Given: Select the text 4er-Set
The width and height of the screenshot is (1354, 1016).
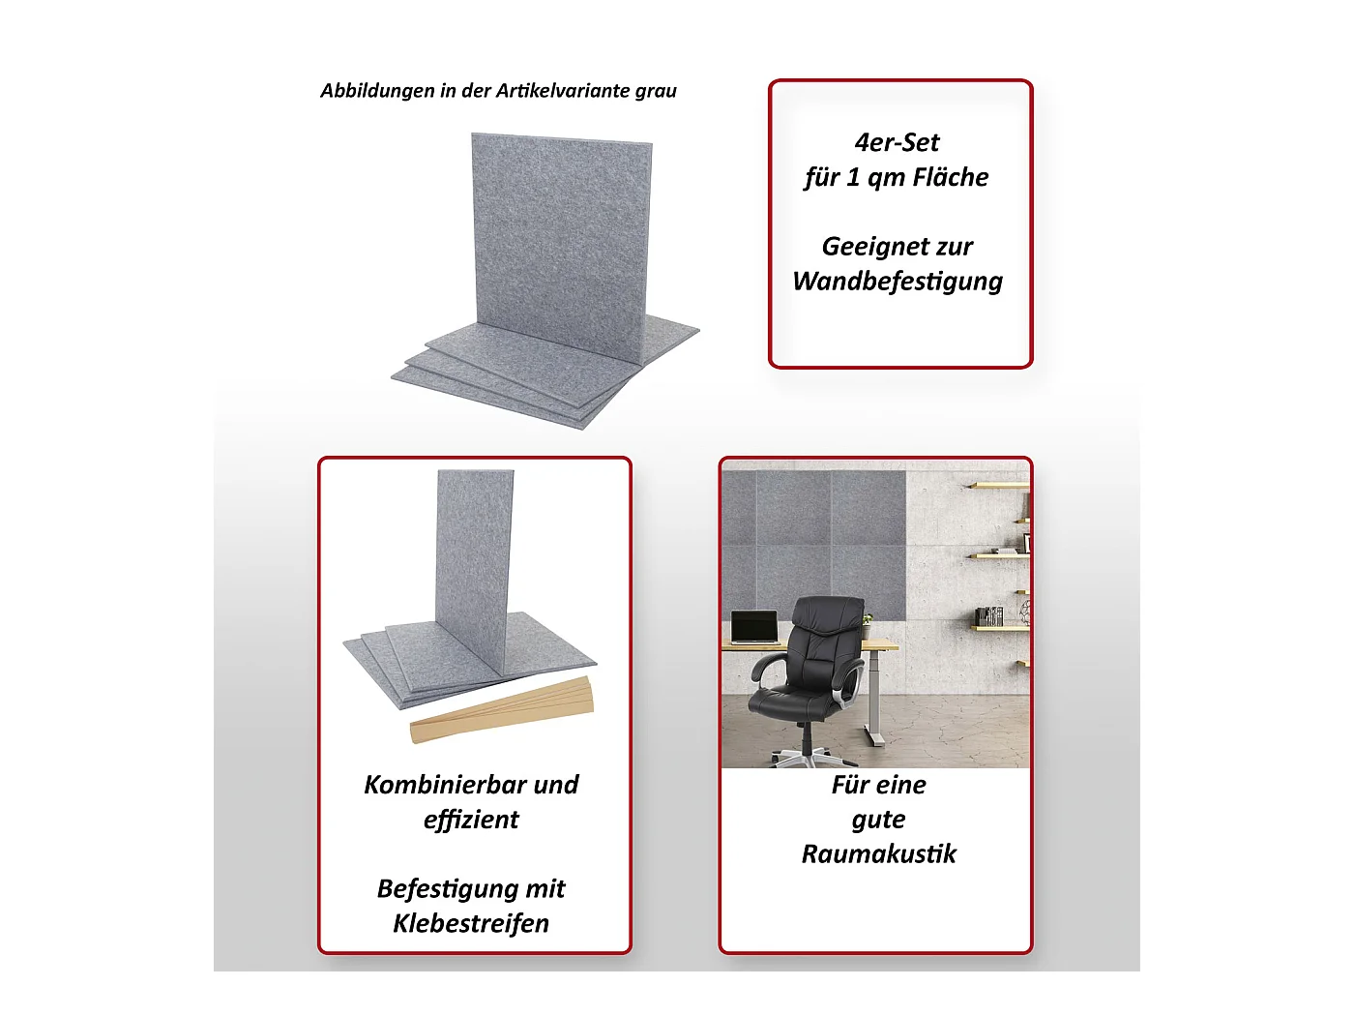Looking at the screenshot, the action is point(897,142).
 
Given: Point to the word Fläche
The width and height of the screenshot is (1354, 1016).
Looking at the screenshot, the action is point(951,177).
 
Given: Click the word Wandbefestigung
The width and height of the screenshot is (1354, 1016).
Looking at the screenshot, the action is point(898,282).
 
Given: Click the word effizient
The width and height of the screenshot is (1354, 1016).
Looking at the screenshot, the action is point(471,820).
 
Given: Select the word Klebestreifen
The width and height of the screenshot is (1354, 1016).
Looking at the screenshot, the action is point(471,923).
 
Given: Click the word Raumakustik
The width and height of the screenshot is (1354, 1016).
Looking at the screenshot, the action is point(878,854).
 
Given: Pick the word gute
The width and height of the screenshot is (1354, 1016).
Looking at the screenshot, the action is point(878,820).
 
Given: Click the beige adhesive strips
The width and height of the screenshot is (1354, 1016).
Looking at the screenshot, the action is point(502,709).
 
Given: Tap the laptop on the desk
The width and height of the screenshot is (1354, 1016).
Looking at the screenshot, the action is point(754,627).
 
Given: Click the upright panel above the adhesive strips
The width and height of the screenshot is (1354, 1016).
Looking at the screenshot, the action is point(474,571).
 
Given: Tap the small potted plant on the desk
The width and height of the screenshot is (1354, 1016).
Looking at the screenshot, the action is point(868,625).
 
